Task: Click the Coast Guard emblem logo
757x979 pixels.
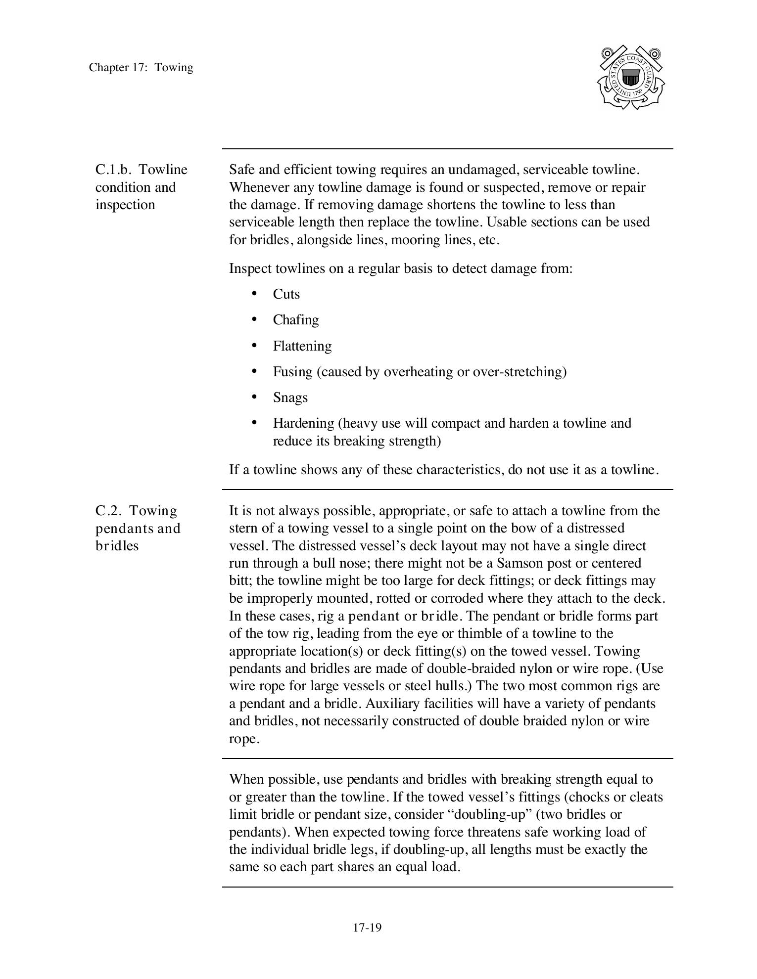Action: (x=631, y=78)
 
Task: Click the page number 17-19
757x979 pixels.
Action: (x=367, y=928)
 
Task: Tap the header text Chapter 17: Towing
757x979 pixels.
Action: (x=141, y=67)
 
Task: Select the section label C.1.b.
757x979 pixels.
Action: (x=113, y=170)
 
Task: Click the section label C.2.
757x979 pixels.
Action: (x=108, y=511)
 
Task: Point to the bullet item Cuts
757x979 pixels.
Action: (x=286, y=294)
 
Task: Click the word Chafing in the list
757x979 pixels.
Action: (x=295, y=320)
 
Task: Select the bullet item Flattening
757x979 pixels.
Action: (x=302, y=346)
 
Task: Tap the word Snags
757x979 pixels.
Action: (x=290, y=398)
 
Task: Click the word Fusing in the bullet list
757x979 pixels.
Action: (x=292, y=372)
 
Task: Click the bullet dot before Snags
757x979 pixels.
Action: (x=254, y=397)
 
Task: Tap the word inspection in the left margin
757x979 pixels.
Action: (x=125, y=205)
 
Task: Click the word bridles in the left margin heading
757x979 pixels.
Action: (x=117, y=546)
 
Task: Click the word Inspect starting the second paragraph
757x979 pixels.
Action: (x=250, y=268)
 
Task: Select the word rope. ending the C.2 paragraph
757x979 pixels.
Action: (x=244, y=739)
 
